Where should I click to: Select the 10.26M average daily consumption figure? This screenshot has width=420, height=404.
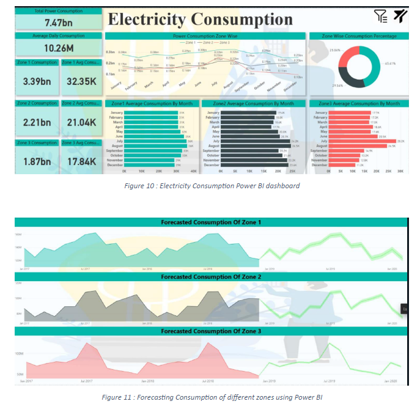[x=59, y=48]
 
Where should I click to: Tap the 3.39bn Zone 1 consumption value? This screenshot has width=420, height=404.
[x=36, y=81]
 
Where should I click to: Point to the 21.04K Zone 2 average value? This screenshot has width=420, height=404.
[x=81, y=122]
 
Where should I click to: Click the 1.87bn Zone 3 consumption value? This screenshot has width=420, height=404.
[x=36, y=161]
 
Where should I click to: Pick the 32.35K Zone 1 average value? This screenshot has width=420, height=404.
[x=81, y=81]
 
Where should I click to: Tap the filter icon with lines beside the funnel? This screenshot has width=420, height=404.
[x=380, y=16]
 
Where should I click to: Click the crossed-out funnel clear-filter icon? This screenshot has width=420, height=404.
[x=400, y=16]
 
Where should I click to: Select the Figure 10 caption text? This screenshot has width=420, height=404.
[x=212, y=186]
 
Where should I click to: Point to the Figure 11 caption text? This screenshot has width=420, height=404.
[x=212, y=396]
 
